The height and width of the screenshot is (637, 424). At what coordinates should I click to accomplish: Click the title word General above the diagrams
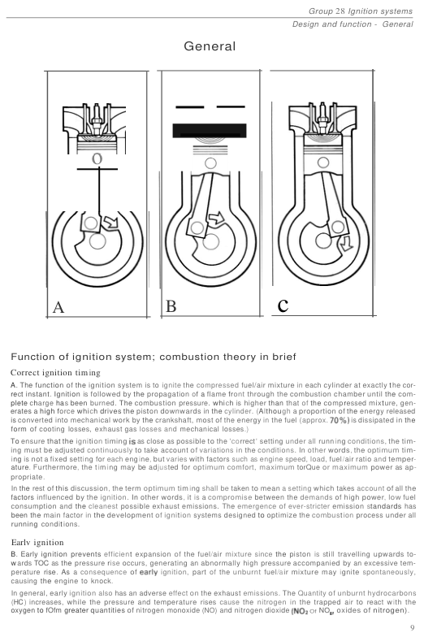click(x=210, y=45)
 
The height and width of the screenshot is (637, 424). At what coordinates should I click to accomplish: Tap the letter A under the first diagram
click(x=58, y=307)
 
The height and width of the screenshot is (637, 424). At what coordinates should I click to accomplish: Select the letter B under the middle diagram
click(x=171, y=305)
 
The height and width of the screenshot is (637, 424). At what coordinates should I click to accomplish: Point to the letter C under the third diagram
click(x=283, y=305)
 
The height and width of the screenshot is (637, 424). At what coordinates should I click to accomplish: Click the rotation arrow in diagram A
click(x=110, y=221)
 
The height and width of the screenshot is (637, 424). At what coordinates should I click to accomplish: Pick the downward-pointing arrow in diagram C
click(x=346, y=244)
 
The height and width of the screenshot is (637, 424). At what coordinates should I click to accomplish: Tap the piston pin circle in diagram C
click(x=323, y=162)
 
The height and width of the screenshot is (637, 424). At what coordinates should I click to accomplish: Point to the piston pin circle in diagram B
click(x=210, y=163)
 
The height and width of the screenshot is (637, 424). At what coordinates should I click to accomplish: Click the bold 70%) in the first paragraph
click(x=340, y=420)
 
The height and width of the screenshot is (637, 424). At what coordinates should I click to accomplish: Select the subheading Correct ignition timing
click(x=55, y=372)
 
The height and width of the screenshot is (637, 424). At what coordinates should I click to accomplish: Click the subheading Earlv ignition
click(x=37, y=543)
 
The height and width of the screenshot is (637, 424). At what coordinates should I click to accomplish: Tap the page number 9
click(x=413, y=628)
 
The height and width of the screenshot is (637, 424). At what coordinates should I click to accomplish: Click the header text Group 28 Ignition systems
click(x=361, y=11)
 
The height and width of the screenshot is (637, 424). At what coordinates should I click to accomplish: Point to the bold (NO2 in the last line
click(x=300, y=611)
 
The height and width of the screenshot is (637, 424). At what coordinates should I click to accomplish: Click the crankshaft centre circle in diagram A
click(x=97, y=241)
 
